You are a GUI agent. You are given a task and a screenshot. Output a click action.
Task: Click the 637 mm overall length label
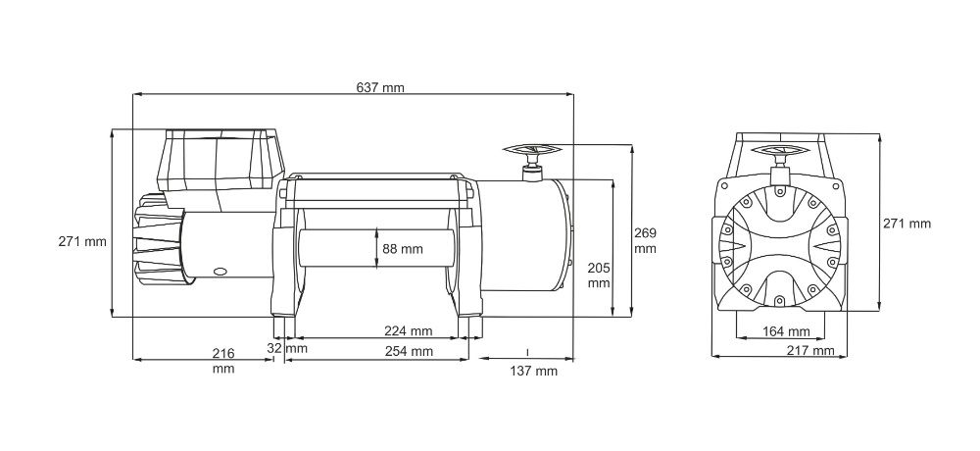point(380,87)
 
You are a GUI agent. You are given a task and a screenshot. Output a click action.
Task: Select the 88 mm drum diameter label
point(404,249)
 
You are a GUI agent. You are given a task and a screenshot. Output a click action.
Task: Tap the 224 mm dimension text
point(408,330)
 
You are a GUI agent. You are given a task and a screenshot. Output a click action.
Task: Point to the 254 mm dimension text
point(408,351)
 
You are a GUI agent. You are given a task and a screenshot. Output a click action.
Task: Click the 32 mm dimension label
point(287,348)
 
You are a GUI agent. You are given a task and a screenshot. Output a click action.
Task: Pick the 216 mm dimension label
point(222,360)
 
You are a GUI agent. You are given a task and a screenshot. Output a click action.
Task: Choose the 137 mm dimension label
point(533,371)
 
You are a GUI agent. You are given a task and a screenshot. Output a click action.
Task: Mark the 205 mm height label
point(598,275)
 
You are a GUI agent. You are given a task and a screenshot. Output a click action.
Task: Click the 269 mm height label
point(645,240)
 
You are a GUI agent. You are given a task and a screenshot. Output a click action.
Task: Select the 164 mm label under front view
point(786,330)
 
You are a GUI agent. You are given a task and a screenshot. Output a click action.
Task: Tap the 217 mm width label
point(809,351)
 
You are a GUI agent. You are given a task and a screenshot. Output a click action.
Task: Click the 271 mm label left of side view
point(82,241)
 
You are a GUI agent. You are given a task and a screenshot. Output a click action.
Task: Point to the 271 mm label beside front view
point(906,224)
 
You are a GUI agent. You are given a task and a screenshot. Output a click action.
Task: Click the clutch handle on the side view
point(532,154)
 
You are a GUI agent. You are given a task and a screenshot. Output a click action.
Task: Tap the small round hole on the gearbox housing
point(220,268)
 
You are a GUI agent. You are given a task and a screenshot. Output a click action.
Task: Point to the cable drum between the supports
point(372,250)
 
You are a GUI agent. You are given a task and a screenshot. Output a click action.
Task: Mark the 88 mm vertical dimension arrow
point(376,249)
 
